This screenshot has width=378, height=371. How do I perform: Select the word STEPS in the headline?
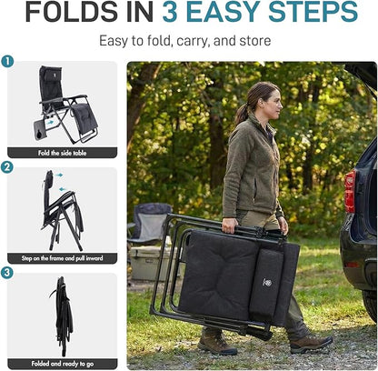coord(313,12)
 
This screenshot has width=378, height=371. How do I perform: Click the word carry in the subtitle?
coord(194,41)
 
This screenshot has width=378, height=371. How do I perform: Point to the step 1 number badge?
coord(7,62)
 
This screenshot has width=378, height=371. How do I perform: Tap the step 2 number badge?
coord(7,167)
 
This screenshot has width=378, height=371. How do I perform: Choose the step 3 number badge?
coord(7,273)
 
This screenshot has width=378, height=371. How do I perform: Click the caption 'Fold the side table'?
coord(62,153)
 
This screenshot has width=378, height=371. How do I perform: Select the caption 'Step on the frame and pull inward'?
coord(62,258)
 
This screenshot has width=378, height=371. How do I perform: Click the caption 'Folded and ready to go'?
coord(63,364)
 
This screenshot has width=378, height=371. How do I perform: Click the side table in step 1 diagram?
coord(40,129)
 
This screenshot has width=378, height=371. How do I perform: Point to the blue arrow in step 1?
coord(49,122)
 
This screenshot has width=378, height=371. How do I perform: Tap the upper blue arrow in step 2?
coord(58,175)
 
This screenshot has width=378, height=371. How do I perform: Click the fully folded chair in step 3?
coord(63,316)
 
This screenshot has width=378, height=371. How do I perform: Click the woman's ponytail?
coord(242,113)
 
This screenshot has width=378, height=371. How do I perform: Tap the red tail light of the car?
coord(350,192)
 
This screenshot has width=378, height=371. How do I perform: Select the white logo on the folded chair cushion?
coord(267,283)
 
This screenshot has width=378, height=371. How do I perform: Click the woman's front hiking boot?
coord(311,343)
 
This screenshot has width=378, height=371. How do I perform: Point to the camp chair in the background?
coord(149,223)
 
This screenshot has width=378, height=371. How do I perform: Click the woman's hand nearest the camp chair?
coord(230,226)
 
